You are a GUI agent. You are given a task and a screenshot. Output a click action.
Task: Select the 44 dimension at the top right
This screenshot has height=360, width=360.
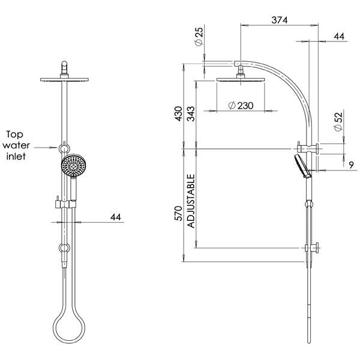(x=339, y=37)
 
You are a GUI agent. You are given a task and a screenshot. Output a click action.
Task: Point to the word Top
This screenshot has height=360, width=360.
(x=16, y=134)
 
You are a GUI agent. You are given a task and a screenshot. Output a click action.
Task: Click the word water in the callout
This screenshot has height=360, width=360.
(x=16, y=146)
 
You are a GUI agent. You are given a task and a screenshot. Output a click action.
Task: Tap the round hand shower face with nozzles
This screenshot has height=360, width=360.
(x=74, y=164)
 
